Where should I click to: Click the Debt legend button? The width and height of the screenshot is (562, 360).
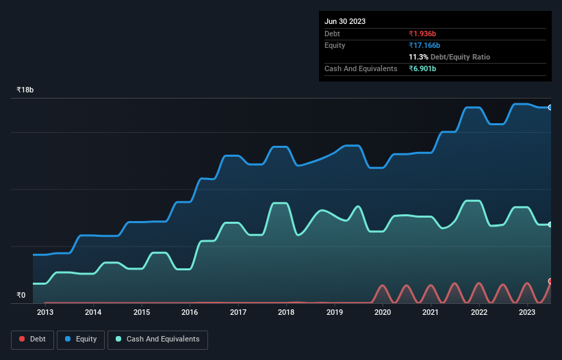(31, 339)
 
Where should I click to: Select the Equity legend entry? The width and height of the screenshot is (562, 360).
(81, 339)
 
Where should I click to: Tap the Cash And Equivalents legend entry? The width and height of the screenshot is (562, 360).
(157, 339)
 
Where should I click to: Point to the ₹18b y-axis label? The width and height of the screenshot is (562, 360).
(25, 90)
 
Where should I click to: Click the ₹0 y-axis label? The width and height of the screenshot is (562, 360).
(21, 296)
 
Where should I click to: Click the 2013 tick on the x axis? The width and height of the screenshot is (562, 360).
(45, 312)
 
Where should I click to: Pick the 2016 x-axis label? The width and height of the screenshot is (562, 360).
(190, 312)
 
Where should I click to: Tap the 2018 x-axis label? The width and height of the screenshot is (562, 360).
(286, 312)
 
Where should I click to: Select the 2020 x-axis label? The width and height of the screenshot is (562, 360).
(383, 312)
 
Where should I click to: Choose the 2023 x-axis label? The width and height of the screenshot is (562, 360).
(527, 312)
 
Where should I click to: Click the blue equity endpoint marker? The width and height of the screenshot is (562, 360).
(550, 107)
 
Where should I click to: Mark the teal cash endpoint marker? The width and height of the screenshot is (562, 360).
(550, 224)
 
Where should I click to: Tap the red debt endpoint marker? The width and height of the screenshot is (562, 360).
(550, 281)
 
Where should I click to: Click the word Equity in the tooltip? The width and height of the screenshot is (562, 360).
(335, 45)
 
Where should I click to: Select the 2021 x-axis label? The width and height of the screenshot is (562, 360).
(431, 312)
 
